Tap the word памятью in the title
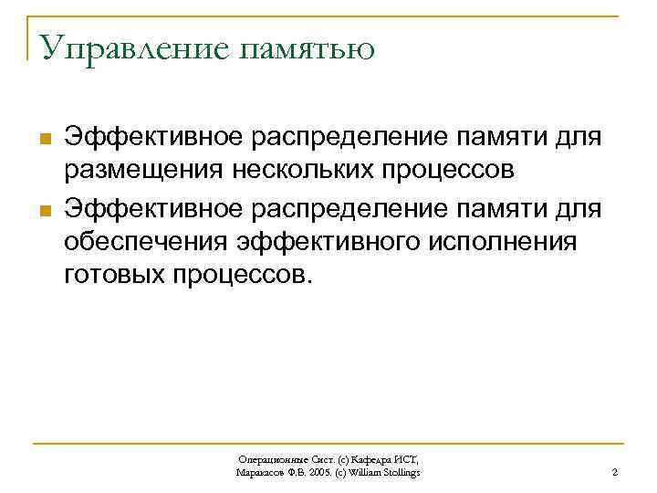click(x=307, y=50)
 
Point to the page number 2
click(x=615, y=472)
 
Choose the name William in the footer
click(x=370, y=472)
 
